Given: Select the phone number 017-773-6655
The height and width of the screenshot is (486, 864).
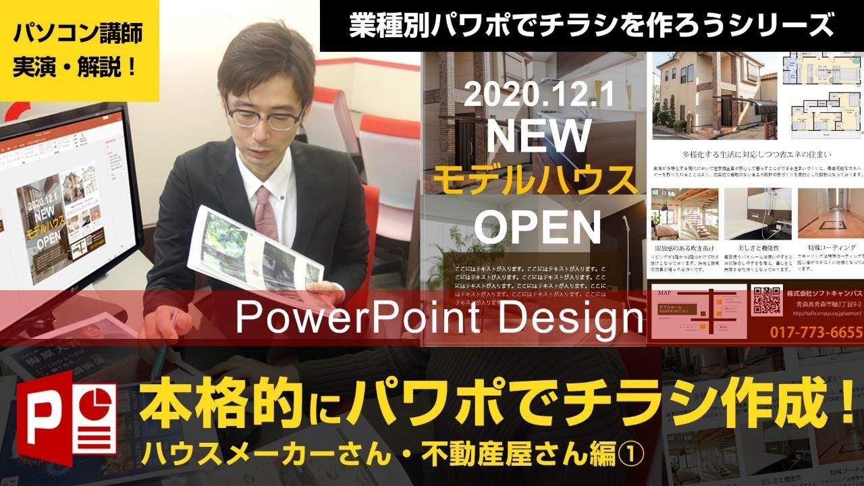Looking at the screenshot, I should point(816,331).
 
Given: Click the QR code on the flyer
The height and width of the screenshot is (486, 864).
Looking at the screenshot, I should point(766,300).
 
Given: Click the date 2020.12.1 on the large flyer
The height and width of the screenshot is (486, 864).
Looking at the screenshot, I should point(538,97).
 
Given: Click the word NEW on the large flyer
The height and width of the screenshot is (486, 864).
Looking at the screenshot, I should point(538,137).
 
